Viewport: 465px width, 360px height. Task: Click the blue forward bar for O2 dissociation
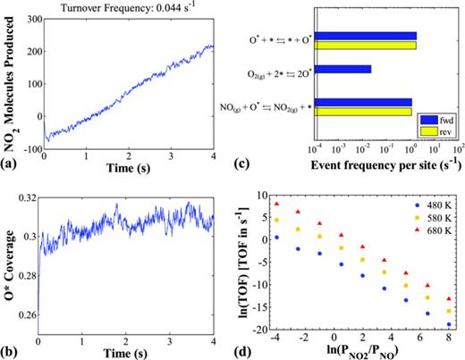[343, 68]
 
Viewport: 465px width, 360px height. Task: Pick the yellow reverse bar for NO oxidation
[363, 113]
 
